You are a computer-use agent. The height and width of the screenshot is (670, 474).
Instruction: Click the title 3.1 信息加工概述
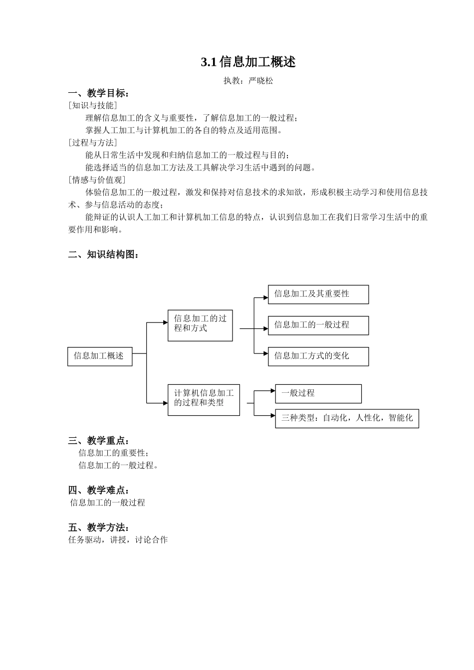[x=248, y=62]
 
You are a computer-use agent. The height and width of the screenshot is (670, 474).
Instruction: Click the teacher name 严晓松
[x=261, y=81]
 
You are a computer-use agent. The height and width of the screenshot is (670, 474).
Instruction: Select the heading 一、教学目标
[x=99, y=93]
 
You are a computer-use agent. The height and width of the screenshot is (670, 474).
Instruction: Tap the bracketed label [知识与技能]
[x=93, y=105]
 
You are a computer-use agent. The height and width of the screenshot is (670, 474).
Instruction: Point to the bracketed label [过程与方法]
[x=93, y=143]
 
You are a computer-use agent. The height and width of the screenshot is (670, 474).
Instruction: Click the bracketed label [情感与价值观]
[x=97, y=180]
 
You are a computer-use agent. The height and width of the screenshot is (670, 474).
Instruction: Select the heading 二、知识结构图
[x=103, y=254]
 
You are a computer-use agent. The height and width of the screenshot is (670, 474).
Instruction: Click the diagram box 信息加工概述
[x=100, y=356]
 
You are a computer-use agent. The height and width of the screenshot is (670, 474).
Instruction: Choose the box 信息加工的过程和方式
[x=200, y=325]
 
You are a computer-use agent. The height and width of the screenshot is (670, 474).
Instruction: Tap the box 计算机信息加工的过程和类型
[x=204, y=399]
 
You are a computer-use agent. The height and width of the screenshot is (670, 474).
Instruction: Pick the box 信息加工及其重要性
[x=318, y=294]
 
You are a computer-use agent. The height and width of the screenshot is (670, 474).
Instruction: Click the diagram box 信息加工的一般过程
[x=318, y=325]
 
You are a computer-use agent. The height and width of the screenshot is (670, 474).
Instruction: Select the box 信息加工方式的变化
[x=318, y=356]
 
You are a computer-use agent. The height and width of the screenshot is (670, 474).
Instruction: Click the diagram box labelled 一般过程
[x=318, y=393]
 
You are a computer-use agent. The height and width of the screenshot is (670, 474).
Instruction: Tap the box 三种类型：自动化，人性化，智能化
[x=347, y=418]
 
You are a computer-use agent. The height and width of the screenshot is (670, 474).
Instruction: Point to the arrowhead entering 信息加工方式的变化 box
[x=265, y=353]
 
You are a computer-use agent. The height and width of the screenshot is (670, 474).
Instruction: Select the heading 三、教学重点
[x=99, y=441]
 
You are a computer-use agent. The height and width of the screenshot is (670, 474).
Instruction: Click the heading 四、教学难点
[x=99, y=490]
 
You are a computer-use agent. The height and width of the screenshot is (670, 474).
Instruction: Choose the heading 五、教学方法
[x=99, y=527]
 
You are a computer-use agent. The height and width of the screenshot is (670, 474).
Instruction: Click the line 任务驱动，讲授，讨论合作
[x=118, y=540]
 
